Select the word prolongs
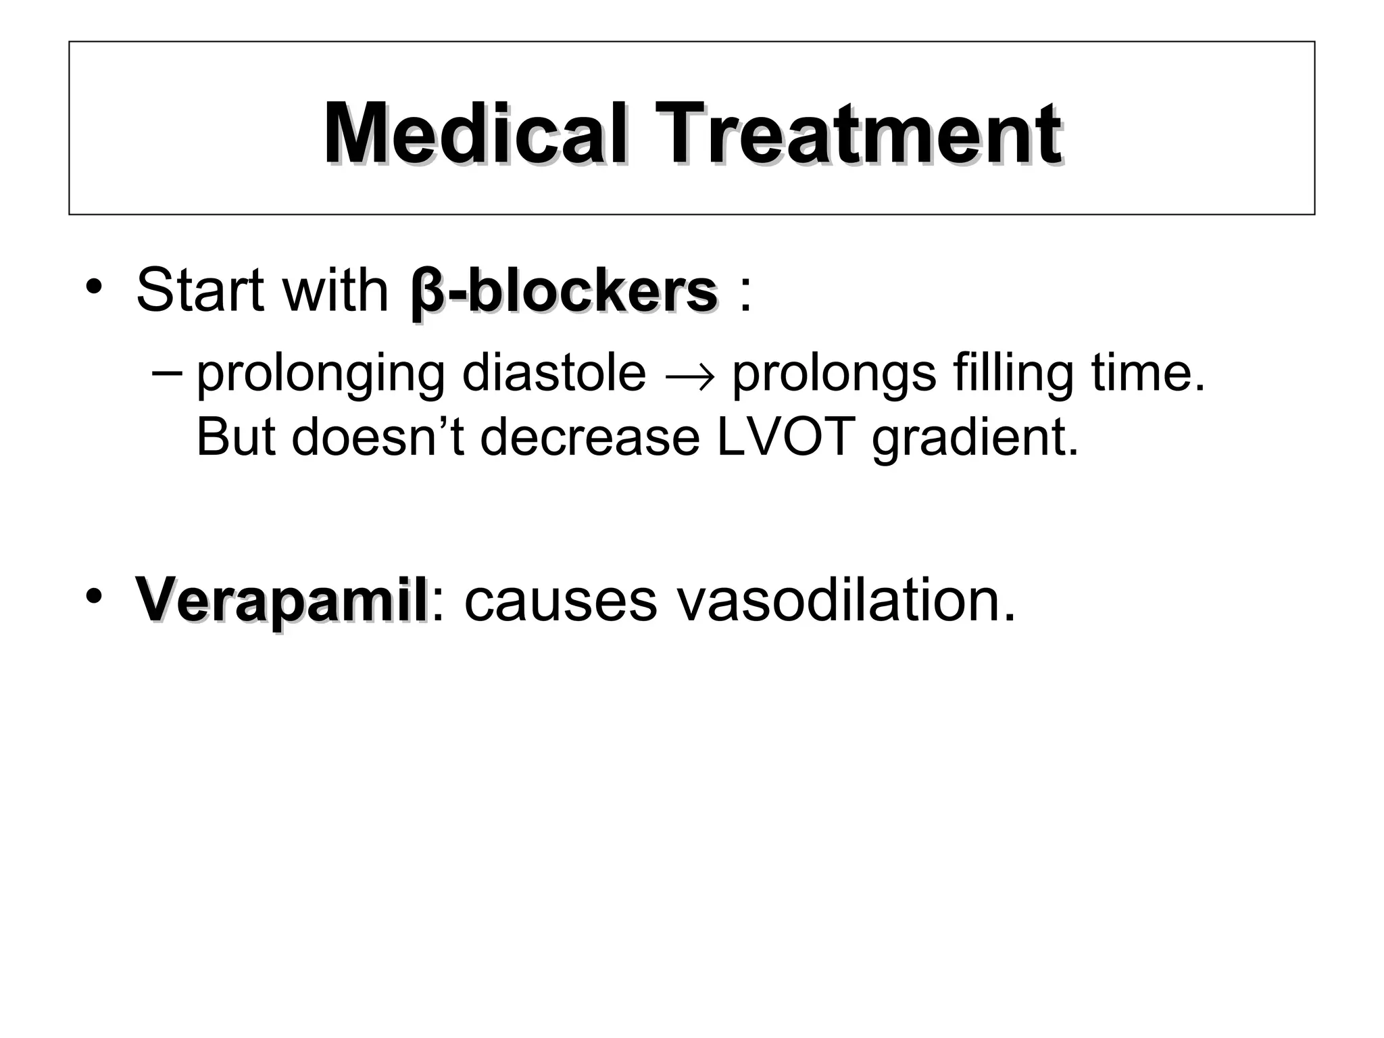click(834, 375)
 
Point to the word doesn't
click(378, 437)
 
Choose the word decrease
click(590, 437)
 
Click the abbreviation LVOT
click(785, 437)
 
